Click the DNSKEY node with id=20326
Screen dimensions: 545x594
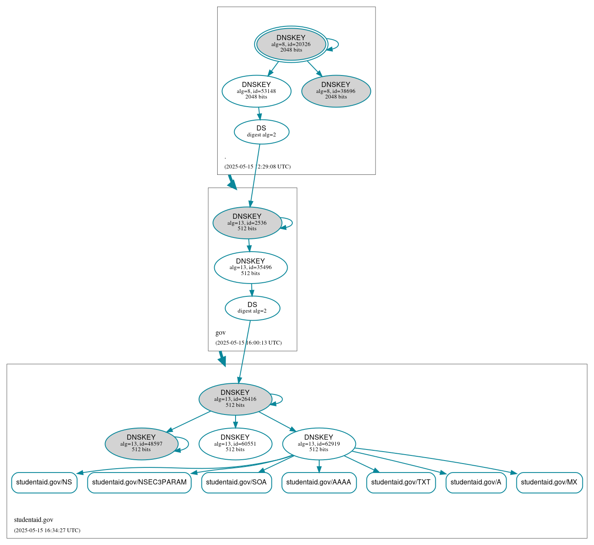click(291, 44)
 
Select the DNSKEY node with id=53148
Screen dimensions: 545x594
click(256, 91)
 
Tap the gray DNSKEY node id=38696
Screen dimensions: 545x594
click(336, 91)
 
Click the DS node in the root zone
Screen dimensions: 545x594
click(262, 132)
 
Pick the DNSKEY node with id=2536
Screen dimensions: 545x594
click(247, 223)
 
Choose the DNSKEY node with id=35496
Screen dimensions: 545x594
click(250, 267)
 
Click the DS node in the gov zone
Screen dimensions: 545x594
click(252, 308)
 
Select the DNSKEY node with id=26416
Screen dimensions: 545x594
click(235, 399)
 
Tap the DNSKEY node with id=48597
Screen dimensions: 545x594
click(141, 444)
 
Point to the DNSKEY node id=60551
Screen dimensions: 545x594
click(235, 444)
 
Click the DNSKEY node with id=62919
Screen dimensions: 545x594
click(319, 444)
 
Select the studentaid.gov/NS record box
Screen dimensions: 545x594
click(44, 482)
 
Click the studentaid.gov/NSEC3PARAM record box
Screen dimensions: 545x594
click(139, 482)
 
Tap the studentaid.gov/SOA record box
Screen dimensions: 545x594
click(236, 482)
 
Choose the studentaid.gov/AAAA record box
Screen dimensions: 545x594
click(319, 482)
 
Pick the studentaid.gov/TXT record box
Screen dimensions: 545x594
click(401, 482)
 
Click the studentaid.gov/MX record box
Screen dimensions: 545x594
click(549, 482)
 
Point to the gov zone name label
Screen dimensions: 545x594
click(221, 333)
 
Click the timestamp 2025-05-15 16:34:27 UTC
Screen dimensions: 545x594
click(47, 531)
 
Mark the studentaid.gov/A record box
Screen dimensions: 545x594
click(476, 482)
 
